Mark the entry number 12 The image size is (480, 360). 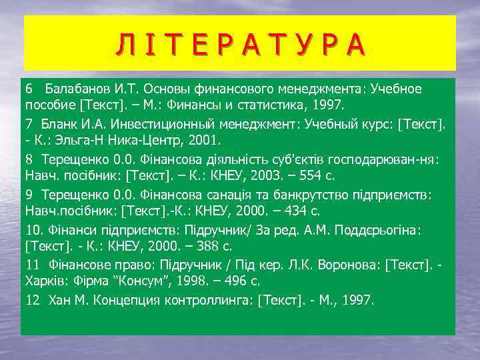(x=33, y=299)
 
